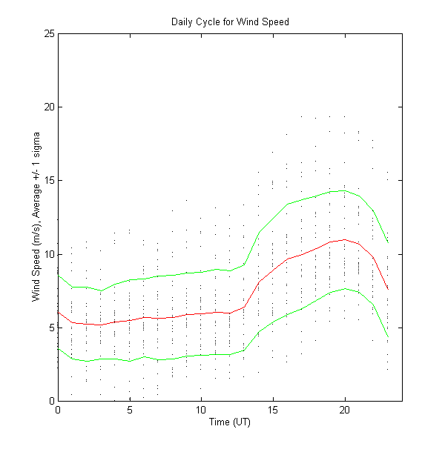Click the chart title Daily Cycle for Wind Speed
click(x=230, y=21)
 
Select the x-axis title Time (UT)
click(x=230, y=423)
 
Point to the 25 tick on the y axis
click(x=48, y=33)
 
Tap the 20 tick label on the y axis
click(x=48, y=107)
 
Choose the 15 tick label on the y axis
click(x=48, y=180)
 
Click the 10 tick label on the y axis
click(x=48, y=254)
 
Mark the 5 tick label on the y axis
click(x=50, y=328)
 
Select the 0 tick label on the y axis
click(x=50, y=401)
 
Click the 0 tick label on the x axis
click(x=58, y=410)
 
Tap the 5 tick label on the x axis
click(x=130, y=410)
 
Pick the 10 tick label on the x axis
click(x=201, y=410)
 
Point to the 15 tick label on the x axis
click(x=273, y=410)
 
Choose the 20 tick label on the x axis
click(x=345, y=410)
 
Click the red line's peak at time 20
click(x=345, y=239)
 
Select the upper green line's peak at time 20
click(x=345, y=190)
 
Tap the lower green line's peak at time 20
click(x=345, y=288)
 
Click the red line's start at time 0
click(x=58, y=311)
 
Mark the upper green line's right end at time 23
click(x=388, y=242)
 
